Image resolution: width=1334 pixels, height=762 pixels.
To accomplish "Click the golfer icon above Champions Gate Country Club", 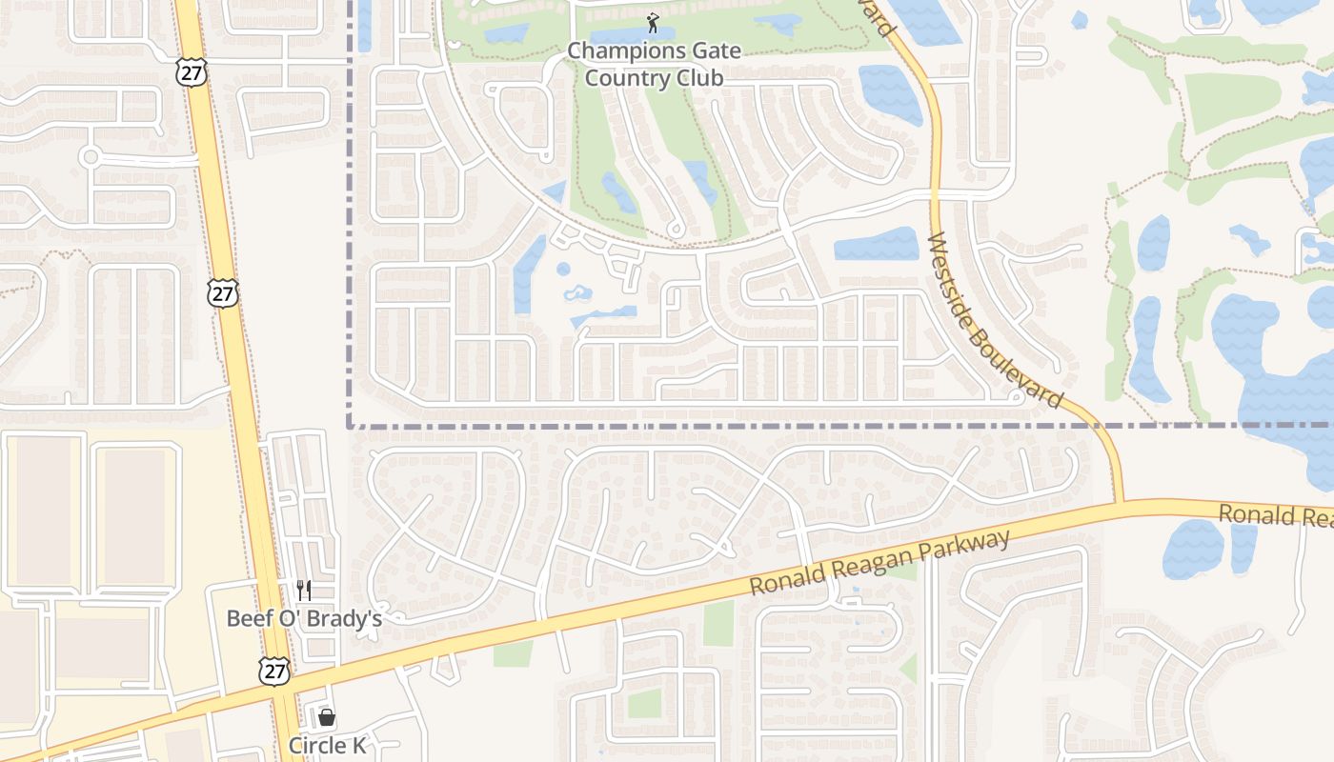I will click(x=653, y=22).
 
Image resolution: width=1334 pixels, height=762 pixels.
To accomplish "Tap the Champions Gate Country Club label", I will click(x=654, y=64).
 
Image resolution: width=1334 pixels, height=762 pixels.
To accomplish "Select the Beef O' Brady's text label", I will click(x=304, y=618).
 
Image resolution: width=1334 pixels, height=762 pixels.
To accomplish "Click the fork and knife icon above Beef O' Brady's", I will click(x=304, y=591).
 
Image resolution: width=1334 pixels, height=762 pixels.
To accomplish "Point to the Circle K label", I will click(x=327, y=745).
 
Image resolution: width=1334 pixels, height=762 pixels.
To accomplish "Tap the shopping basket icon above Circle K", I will click(x=327, y=717).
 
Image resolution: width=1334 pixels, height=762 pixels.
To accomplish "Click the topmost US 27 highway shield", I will click(x=191, y=72).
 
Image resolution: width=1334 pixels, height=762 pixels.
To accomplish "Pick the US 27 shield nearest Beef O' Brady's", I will click(x=273, y=671).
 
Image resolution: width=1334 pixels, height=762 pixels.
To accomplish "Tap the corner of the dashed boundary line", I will click(x=350, y=426).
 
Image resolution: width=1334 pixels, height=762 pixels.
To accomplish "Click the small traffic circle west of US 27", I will click(x=91, y=156).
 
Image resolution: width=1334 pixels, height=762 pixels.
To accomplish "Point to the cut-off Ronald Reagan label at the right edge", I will click(x=1275, y=515).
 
